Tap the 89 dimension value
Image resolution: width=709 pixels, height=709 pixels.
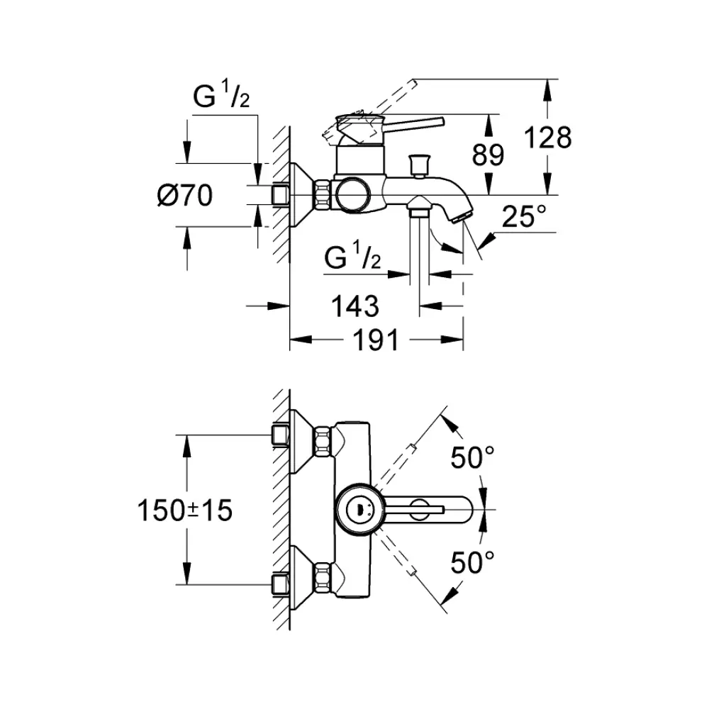[x=489, y=155]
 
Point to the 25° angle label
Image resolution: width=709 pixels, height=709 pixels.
[x=525, y=218]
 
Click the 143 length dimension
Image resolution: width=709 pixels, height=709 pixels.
[x=355, y=306]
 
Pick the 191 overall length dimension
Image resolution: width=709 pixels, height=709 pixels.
[x=376, y=341]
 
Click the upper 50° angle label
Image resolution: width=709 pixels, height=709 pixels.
[x=473, y=459]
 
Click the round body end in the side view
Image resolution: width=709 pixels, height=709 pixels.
[x=352, y=194]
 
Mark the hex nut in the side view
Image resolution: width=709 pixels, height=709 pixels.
[x=323, y=194]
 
